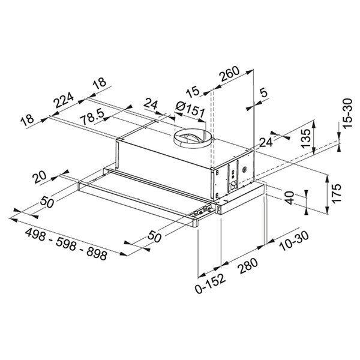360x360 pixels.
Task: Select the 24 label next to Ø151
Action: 152,106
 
